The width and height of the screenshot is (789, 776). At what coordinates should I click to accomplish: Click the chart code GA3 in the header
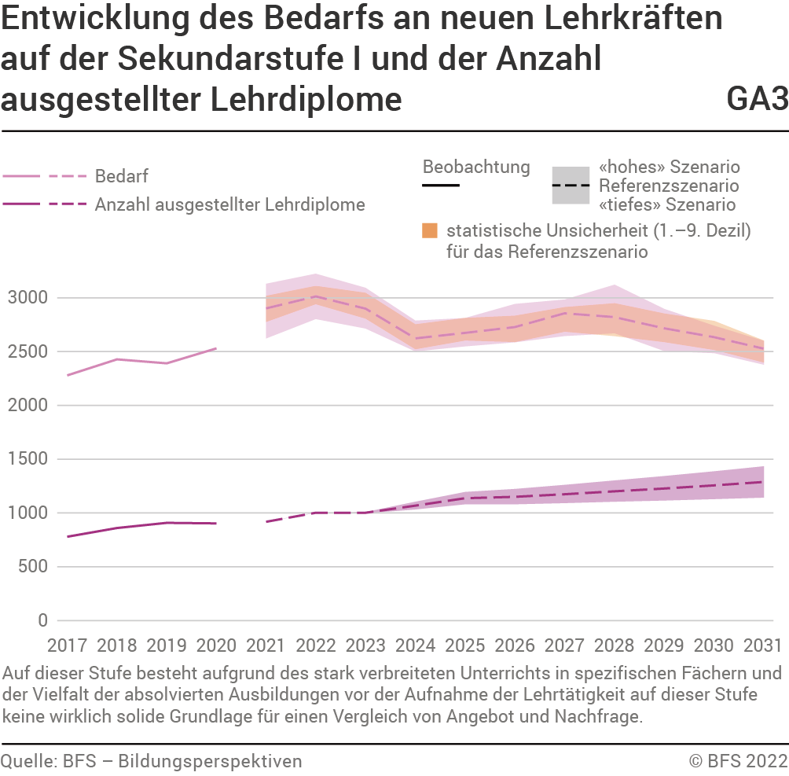click(x=757, y=99)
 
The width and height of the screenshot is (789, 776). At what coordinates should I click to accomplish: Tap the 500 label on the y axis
click(x=35, y=567)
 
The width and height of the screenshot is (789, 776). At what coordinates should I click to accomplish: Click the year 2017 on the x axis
click(x=68, y=645)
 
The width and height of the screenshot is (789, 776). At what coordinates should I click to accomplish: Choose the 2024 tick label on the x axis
click(x=415, y=645)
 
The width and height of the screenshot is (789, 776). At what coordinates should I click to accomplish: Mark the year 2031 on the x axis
click(x=762, y=645)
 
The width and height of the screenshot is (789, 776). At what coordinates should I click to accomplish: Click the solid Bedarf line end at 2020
click(x=216, y=348)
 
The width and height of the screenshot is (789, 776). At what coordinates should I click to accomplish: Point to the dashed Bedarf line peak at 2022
click(x=315, y=296)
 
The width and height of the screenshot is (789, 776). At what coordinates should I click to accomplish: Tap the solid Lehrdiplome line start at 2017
click(x=68, y=536)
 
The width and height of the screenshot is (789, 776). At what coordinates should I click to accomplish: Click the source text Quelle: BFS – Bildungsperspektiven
click(x=151, y=760)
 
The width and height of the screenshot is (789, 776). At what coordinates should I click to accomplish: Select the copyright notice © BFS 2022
click(x=738, y=760)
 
